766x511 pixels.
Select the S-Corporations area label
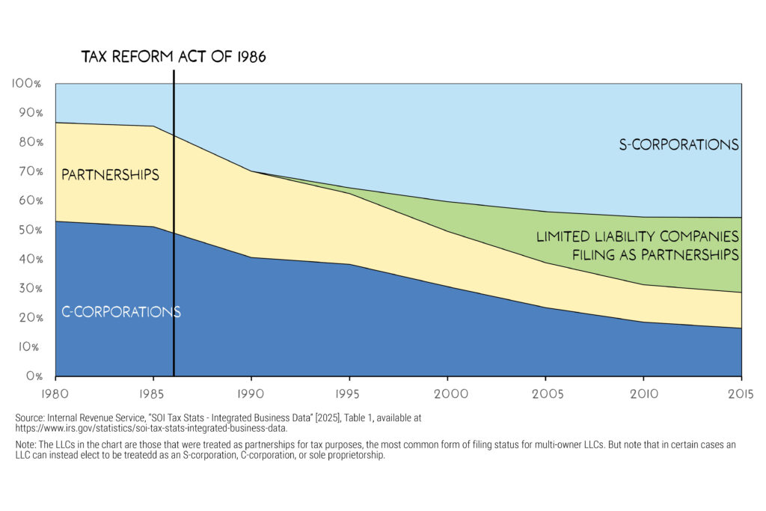tap(678, 144)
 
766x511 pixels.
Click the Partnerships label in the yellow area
tap(110, 175)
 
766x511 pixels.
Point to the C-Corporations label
tap(120, 311)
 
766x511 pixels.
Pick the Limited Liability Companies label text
tap(637, 237)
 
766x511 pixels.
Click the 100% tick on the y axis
tap(28, 83)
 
